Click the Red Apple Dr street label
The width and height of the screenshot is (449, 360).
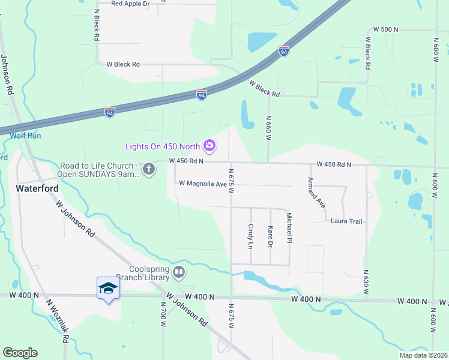[130, 4]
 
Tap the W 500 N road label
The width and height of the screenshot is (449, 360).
[385, 29]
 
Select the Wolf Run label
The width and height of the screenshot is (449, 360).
[25, 136]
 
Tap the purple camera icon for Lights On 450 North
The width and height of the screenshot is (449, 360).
[209, 145]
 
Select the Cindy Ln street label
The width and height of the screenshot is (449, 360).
[251, 236]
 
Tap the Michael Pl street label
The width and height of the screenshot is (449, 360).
[289, 228]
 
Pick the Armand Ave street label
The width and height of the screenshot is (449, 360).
[316, 193]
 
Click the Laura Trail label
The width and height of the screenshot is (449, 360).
[347, 221]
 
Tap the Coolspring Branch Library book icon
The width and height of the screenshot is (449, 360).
[179, 273]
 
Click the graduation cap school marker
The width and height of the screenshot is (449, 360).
[108, 289]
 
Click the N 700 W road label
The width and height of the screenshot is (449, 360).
[163, 313]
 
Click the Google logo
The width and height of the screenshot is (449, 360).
[20, 353]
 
